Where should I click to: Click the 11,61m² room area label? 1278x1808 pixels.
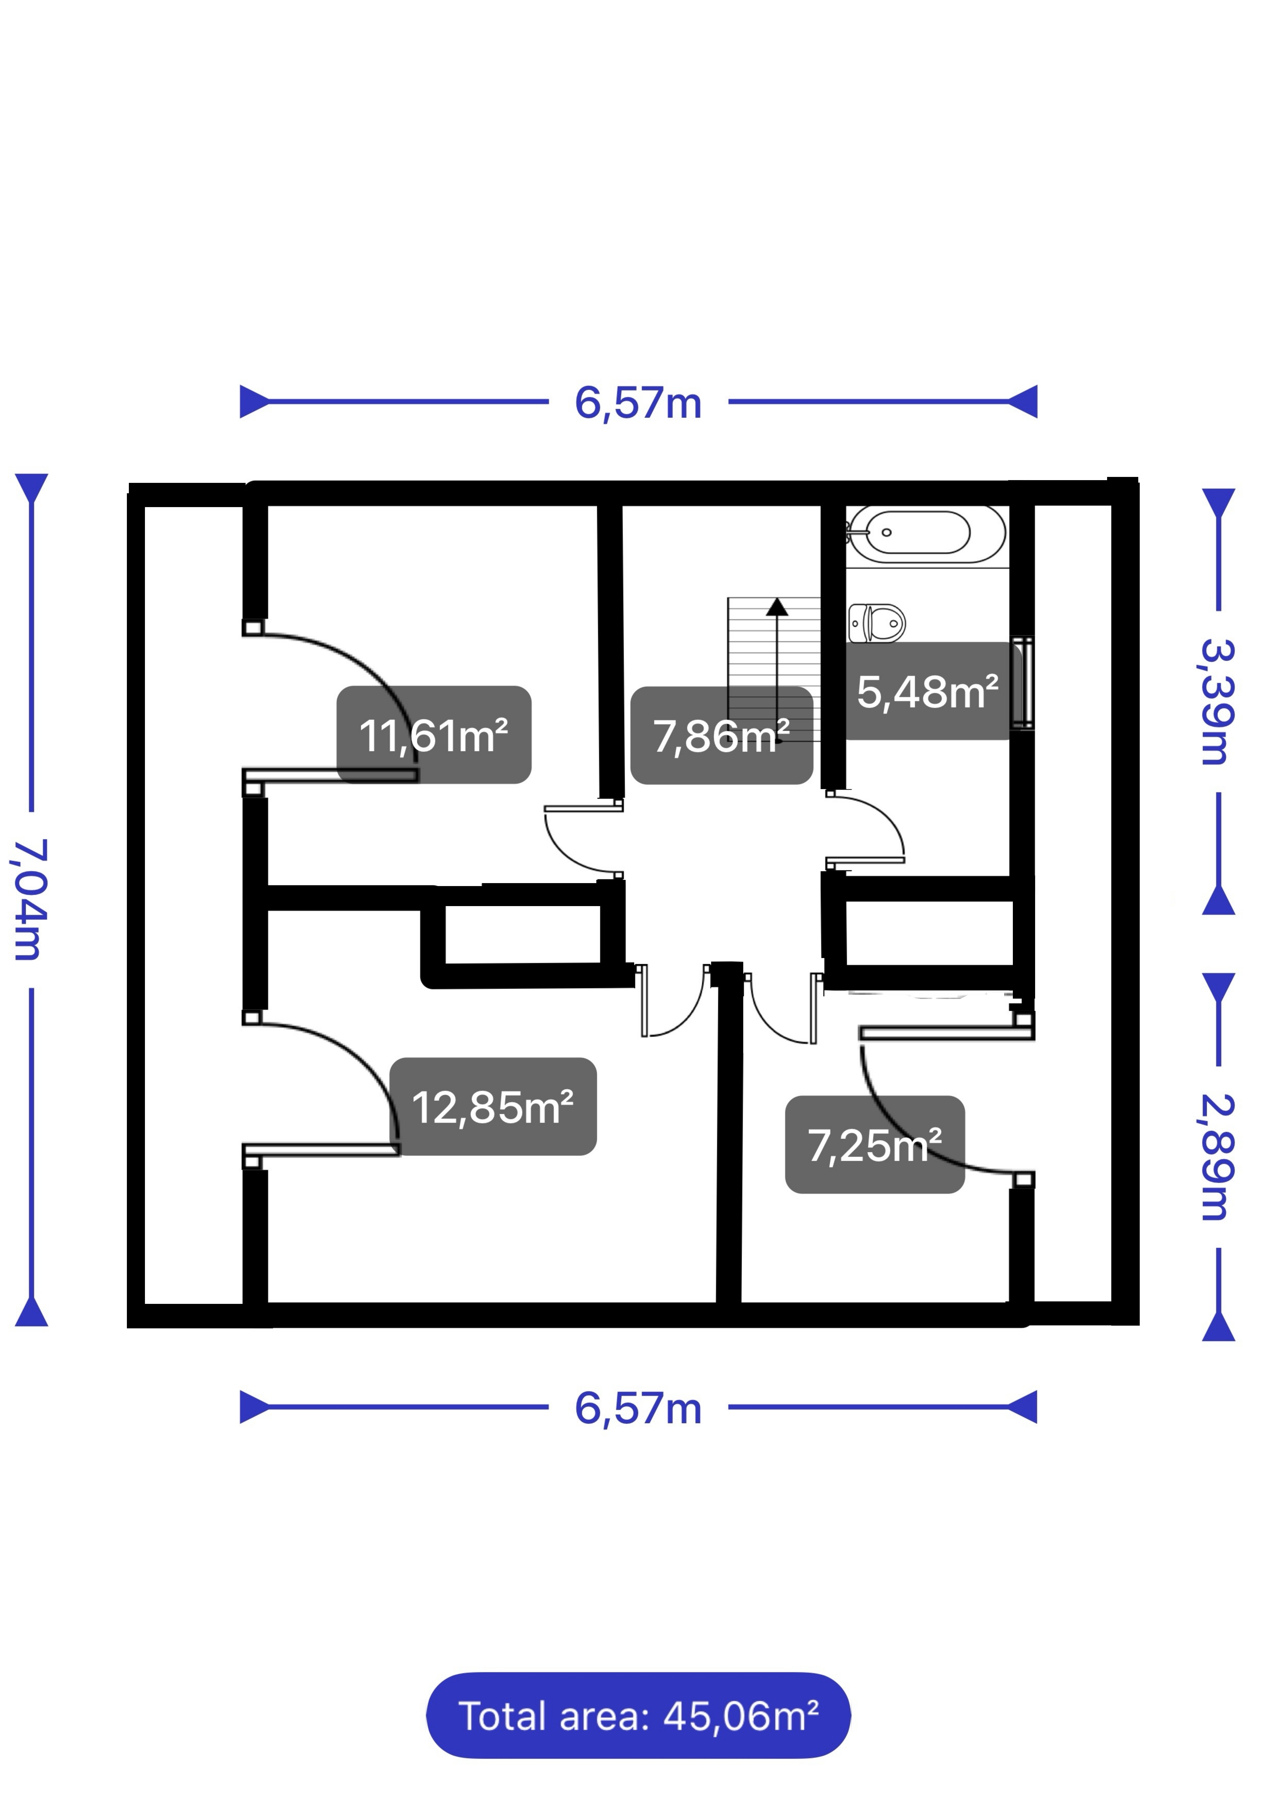[434, 735]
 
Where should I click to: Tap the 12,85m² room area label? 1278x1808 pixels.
[493, 1106]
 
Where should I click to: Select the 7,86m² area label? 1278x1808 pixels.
[721, 735]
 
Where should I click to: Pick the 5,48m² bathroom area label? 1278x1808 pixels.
[928, 691]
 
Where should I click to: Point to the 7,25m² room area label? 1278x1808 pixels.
[875, 1144]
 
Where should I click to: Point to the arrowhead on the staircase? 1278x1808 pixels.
[777, 606]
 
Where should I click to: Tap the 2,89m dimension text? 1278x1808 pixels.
[1217, 1158]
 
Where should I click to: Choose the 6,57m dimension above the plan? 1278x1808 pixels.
[638, 402]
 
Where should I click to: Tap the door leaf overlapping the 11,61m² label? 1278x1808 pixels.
[330, 776]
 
